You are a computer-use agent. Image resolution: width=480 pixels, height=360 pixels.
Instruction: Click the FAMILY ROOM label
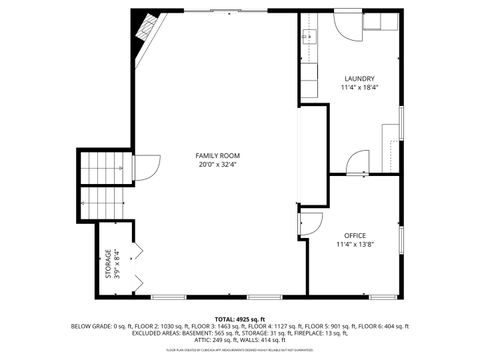point(217,155)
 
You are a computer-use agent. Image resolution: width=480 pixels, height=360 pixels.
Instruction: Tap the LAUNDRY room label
point(359,78)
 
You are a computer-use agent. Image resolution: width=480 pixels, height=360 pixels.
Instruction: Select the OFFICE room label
point(355,234)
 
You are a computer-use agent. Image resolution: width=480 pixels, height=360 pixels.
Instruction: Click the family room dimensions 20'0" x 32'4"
point(217,164)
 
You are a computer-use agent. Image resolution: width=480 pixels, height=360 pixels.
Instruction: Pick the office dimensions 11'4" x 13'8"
point(355,243)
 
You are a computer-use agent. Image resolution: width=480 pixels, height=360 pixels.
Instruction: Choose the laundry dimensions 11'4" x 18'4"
point(359,87)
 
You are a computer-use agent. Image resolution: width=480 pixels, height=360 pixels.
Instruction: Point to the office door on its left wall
point(309,223)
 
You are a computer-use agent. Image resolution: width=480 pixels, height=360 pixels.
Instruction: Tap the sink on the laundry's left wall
point(307,39)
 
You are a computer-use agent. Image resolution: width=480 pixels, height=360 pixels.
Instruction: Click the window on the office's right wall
point(402,245)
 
